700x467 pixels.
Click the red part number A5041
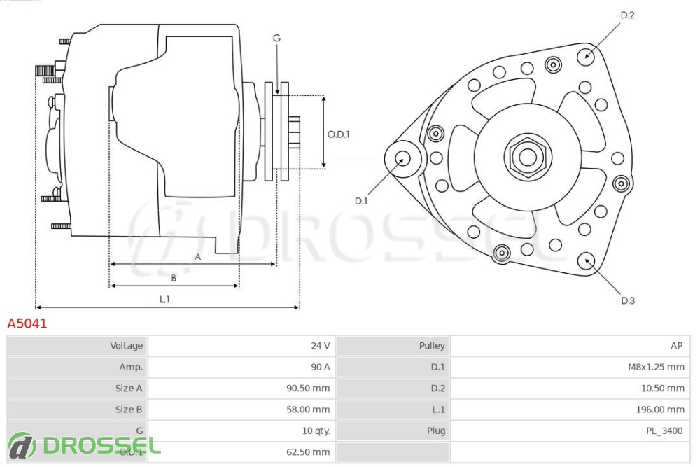[27, 324]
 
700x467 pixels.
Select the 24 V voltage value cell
[320, 346]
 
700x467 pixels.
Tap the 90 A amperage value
[320, 367]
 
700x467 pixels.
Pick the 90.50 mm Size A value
[308, 388]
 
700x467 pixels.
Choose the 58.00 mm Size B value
[308, 410]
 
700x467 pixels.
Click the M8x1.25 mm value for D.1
[656, 367]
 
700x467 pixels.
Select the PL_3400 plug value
[664, 431]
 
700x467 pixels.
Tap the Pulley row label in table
[432, 346]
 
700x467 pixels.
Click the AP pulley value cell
[676, 346]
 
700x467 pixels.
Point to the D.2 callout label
[627, 15]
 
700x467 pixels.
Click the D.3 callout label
[627, 301]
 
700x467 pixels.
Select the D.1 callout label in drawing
[360, 201]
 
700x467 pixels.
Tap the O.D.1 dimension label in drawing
[338, 134]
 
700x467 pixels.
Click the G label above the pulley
[276, 39]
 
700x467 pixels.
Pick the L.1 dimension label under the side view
[164, 299]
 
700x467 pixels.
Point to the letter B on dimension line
[174, 278]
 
